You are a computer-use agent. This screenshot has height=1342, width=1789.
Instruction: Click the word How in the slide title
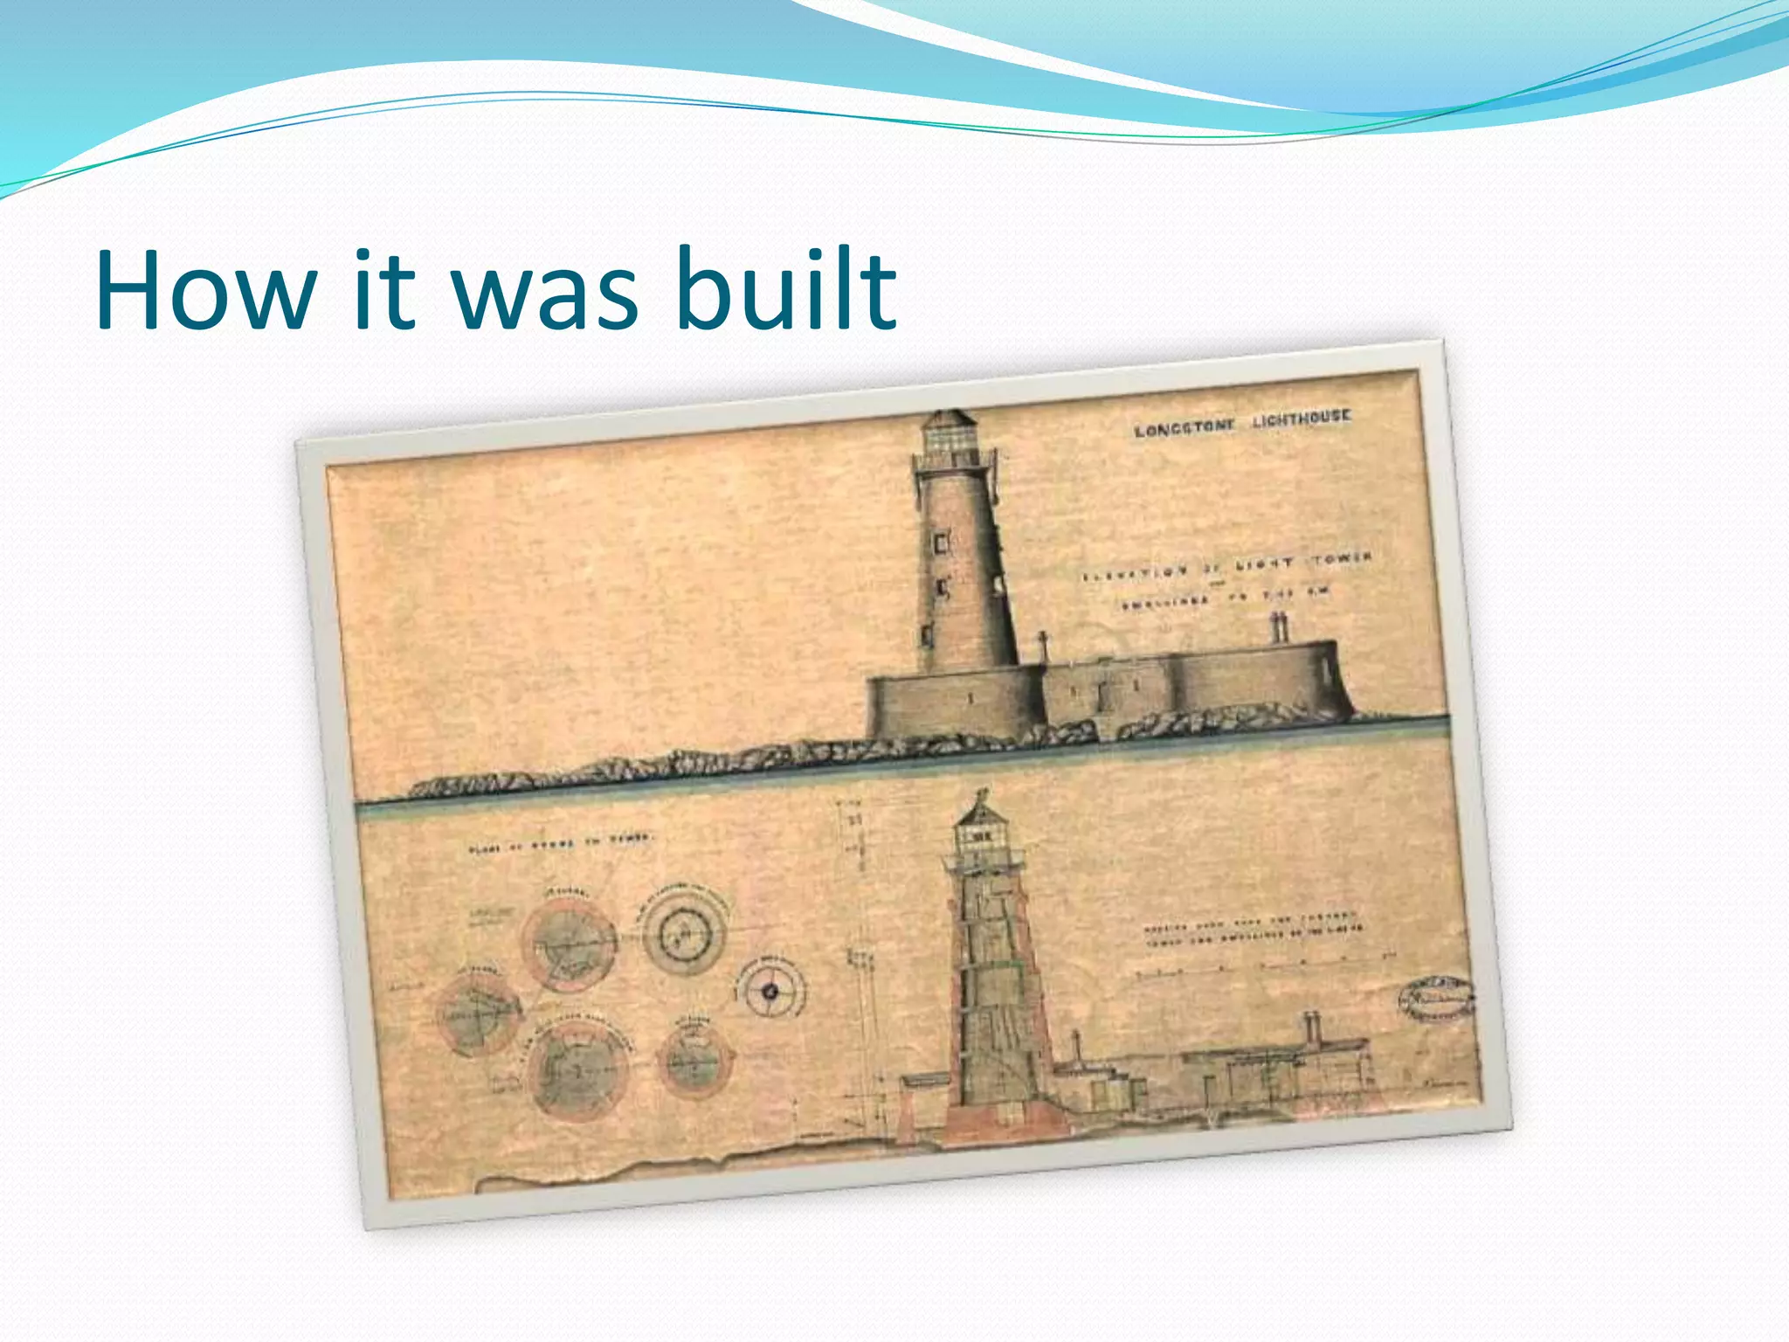point(206,290)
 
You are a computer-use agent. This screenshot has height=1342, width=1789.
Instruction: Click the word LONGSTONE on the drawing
point(1185,427)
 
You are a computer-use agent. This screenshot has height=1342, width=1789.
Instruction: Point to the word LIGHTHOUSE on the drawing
point(1301,419)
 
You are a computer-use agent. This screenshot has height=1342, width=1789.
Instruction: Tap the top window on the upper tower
point(942,543)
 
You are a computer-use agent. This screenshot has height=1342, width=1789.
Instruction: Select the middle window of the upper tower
point(943,587)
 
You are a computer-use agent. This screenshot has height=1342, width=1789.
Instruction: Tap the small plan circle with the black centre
point(770,991)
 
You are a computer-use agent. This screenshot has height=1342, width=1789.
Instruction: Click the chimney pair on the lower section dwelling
point(1312,1027)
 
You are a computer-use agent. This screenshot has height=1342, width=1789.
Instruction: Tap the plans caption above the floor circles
point(560,843)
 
